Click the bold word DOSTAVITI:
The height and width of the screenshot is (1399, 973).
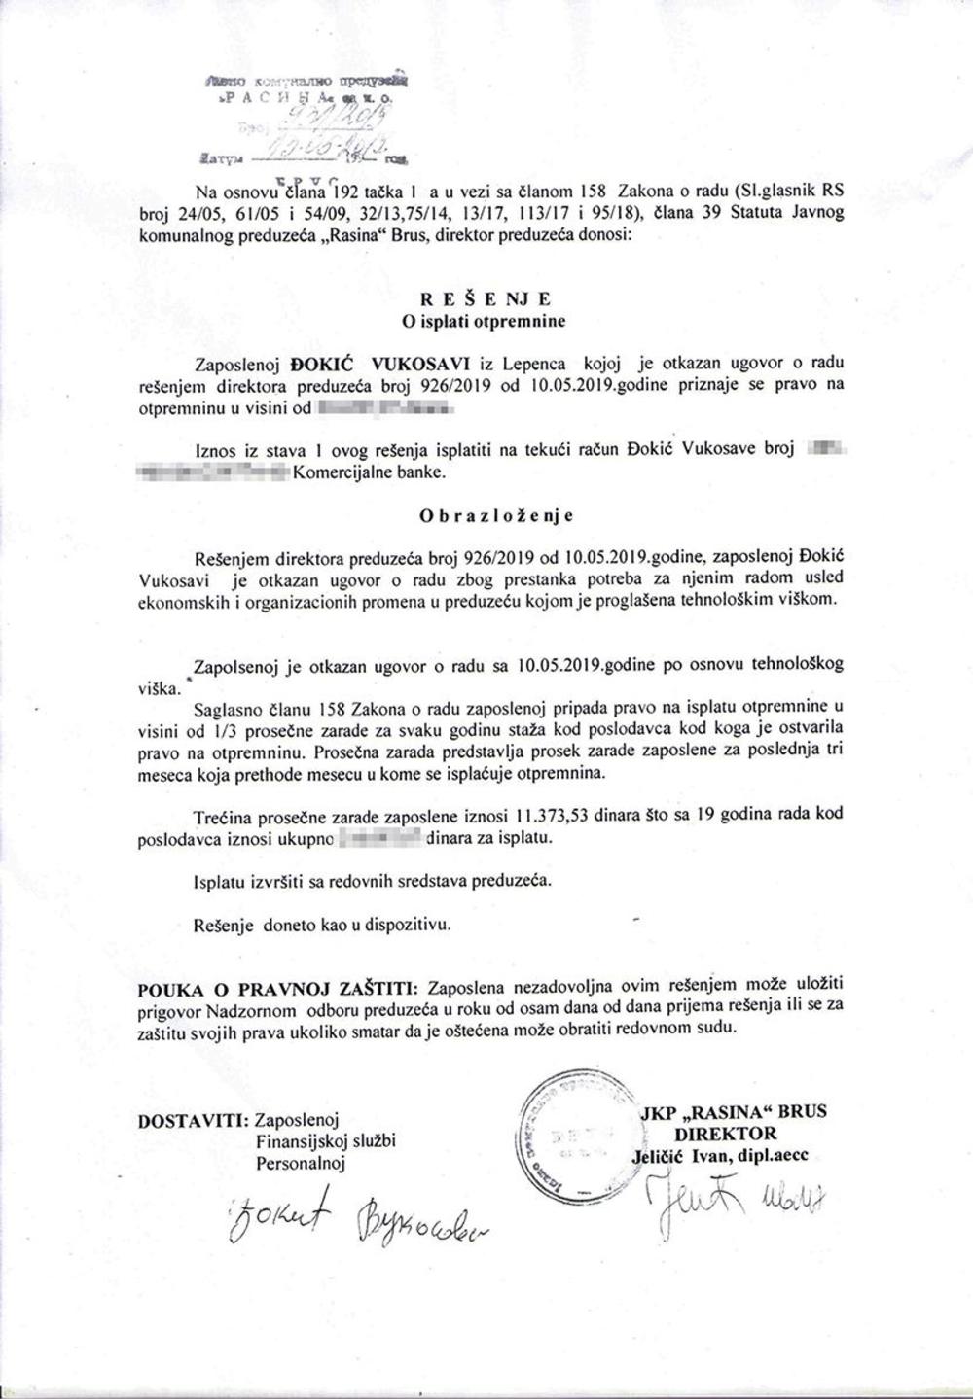[193, 1120]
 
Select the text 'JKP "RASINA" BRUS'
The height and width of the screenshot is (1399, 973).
[733, 1111]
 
